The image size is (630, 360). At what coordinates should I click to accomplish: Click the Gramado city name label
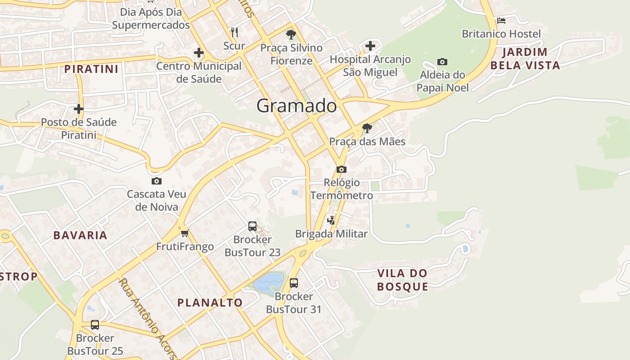(297, 106)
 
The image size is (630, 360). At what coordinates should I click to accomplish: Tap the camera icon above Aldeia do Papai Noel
(442, 62)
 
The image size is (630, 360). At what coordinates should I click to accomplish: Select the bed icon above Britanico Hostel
(501, 21)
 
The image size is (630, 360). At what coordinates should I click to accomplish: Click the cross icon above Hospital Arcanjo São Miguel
(370, 46)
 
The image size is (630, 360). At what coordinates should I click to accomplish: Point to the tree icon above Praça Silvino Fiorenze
(291, 34)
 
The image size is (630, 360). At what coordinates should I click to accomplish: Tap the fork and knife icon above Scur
(234, 32)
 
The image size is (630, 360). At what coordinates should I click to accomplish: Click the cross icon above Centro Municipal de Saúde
(199, 53)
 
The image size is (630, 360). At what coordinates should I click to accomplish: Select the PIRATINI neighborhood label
(91, 69)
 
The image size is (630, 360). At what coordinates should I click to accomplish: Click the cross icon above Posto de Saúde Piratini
(79, 108)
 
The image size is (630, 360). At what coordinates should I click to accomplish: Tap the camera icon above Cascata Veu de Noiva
(157, 181)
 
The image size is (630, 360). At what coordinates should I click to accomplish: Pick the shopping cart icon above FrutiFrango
(184, 233)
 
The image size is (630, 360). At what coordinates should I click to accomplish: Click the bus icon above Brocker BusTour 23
(252, 226)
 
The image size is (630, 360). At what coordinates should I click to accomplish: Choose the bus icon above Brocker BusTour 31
(294, 283)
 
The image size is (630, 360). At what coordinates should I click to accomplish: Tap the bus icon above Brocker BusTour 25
(95, 324)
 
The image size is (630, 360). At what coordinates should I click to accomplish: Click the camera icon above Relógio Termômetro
(342, 169)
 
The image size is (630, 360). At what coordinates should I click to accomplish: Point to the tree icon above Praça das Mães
(367, 128)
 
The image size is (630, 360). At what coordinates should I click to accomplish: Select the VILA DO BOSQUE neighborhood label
(402, 280)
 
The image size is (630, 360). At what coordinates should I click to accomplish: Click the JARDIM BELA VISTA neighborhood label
(525, 58)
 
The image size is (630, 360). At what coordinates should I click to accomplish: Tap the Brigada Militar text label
(331, 234)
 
